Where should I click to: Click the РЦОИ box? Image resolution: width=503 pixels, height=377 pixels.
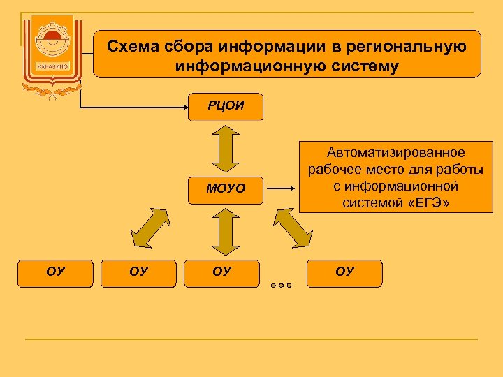tap(226, 107)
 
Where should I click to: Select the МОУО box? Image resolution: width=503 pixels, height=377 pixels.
tap(226, 188)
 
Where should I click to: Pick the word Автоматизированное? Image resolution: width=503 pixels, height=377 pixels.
tap(395, 153)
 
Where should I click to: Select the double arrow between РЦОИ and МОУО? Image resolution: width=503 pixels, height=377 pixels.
tap(226, 147)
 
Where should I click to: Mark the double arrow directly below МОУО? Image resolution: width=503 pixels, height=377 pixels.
tap(226, 232)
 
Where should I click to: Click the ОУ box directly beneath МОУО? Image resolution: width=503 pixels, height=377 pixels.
tap(221, 272)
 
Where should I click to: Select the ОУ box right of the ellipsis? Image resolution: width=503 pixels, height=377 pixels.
tap(344, 272)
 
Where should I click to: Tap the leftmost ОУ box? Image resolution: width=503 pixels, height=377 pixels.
tap(56, 272)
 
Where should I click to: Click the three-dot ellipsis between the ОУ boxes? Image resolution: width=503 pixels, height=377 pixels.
tap(279, 285)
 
